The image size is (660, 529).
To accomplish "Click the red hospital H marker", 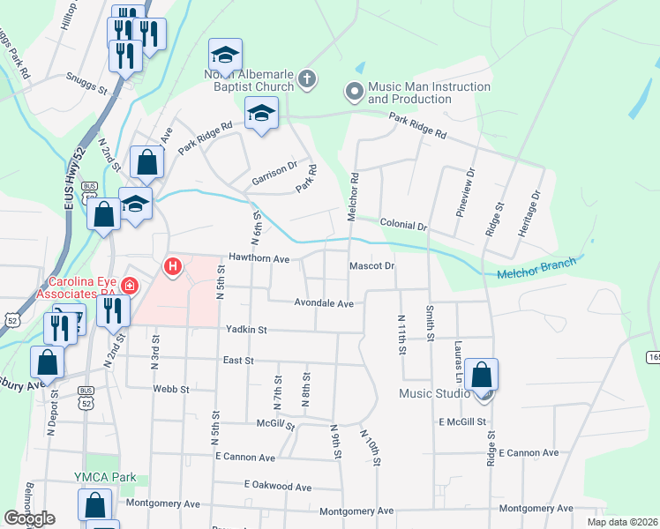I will (173, 265).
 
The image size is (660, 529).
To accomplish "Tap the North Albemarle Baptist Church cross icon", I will (306, 80).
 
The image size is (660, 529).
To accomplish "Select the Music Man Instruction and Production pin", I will (354, 91).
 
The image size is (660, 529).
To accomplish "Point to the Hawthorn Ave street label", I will (259, 259).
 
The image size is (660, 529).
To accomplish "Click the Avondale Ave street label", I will (323, 303).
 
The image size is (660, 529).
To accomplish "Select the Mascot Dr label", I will (371, 264).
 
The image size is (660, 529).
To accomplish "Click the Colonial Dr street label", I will (403, 226).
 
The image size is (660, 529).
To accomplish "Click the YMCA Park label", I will (105, 477).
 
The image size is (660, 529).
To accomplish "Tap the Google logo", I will (28, 518).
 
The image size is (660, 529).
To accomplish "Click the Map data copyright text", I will (622, 522).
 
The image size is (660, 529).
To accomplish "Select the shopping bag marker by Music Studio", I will (482, 376).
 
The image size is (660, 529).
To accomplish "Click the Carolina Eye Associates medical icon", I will (130, 285).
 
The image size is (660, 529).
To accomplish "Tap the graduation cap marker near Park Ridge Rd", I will (262, 113).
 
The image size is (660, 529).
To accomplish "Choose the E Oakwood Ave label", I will (278, 486).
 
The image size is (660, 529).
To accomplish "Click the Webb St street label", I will (169, 388).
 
